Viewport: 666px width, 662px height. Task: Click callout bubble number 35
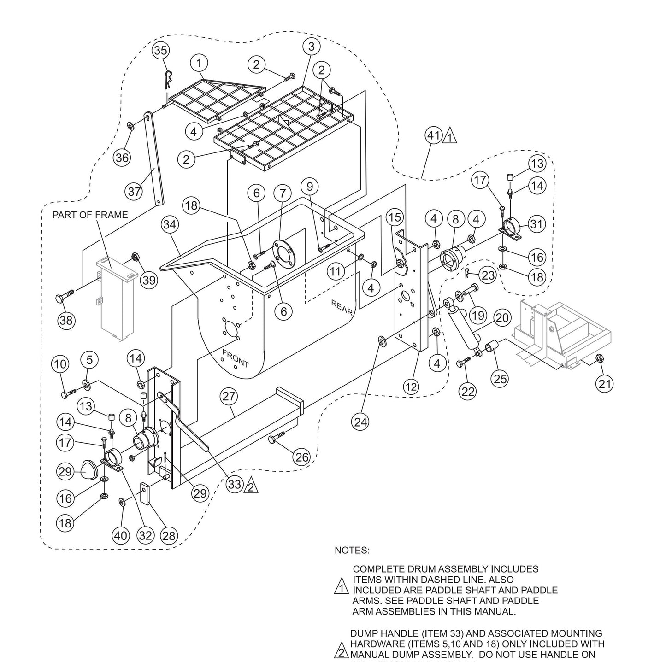[x=160, y=50]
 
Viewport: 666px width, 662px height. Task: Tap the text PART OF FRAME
[x=90, y=215]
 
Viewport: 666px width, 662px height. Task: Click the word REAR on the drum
[x=342, y=308]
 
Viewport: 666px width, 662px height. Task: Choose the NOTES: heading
[x=352, y=550]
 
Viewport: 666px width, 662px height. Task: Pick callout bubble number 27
[x=229, y=397]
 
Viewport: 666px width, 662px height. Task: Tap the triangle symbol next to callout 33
[x=250, y=485]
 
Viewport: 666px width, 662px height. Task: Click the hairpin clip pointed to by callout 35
[x=169, y=78]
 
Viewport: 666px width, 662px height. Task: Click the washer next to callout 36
[x=131, y=125]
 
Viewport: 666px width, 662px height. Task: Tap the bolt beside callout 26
[x=276, y=439]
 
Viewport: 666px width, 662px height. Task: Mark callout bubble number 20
[x=502, y=317]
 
